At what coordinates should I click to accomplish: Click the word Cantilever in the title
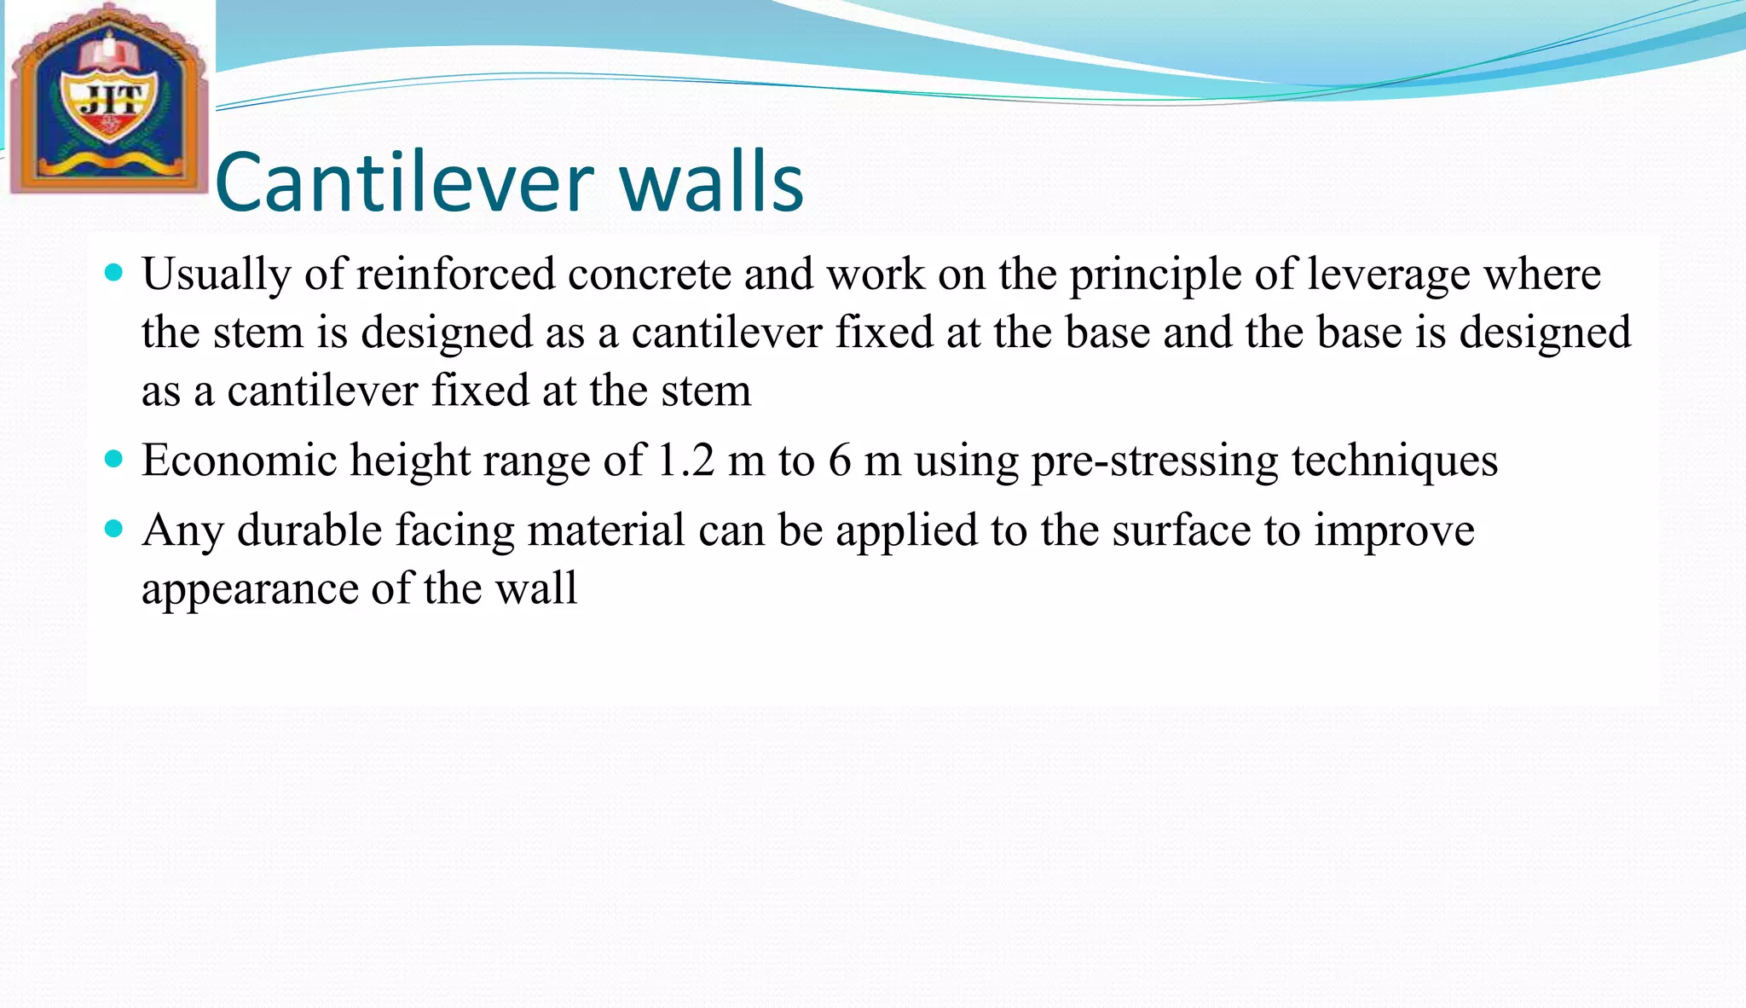pyautogui.click(x=404, y=182)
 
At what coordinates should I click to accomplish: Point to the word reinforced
pyautogui.click(x=455, y=275)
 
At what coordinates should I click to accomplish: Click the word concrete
pyautogui.click(x=649, y=275)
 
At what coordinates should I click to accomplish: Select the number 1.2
pyautogui.click(x=686, y=461)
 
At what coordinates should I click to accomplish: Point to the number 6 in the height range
pyautogui.click(x=839, y=461)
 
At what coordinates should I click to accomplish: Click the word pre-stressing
pyautogui.click(x=1154, y=461)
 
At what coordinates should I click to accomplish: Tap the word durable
pyautogui.click(x=309, y=530)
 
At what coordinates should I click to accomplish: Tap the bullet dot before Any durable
pyautogui.click(x=113, y=530)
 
